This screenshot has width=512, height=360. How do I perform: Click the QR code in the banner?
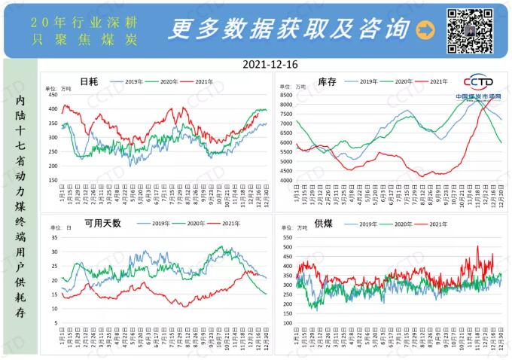[470, 30]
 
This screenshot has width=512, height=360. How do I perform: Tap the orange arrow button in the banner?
[425, 30]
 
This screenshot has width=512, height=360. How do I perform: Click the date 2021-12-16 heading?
[270, 65]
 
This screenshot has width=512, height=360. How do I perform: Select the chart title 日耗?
[89, 81]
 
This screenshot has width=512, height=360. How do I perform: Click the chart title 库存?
[327, 81]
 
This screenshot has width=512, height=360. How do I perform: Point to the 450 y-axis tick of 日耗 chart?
[53, 95]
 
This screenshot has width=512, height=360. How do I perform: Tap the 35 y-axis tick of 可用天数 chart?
[54, 236]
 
